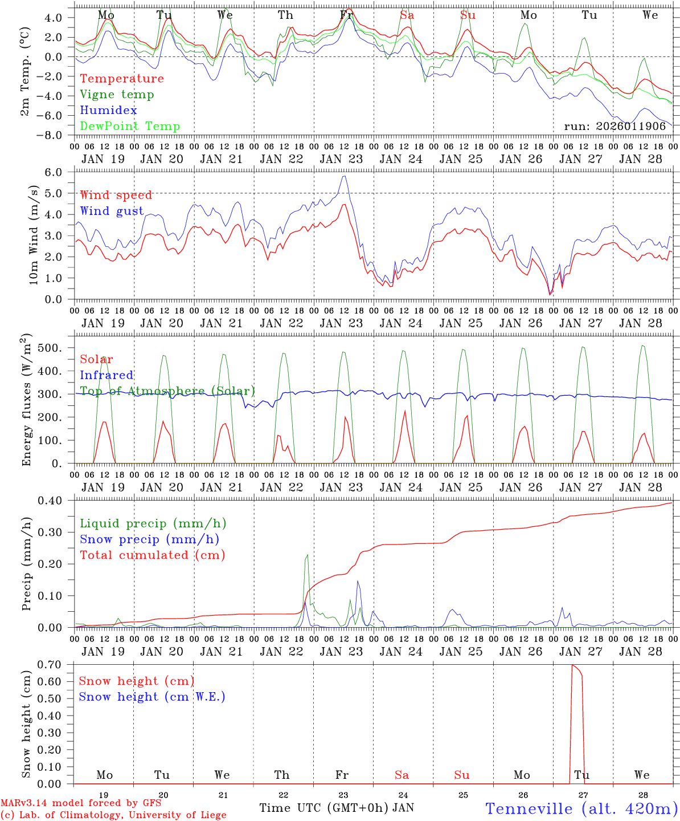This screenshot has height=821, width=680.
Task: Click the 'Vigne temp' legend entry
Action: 117,95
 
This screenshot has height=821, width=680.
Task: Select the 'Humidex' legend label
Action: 108,111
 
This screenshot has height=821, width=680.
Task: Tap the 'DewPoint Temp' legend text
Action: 130,127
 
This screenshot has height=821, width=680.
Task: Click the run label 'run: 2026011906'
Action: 615,127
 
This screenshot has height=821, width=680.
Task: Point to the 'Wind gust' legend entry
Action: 112,211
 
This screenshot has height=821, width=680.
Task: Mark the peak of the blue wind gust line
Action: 343,176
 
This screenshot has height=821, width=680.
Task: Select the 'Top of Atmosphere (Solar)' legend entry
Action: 167,391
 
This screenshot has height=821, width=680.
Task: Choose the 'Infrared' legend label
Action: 106,375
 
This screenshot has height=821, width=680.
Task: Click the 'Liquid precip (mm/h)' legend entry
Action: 153,523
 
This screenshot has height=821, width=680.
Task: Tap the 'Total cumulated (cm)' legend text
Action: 152,555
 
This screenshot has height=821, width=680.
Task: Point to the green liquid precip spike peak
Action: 308,555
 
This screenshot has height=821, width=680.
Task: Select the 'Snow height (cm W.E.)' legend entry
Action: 152,697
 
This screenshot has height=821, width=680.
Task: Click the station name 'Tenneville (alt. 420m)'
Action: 581,808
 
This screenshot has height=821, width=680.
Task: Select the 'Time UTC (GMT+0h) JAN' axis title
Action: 337,808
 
